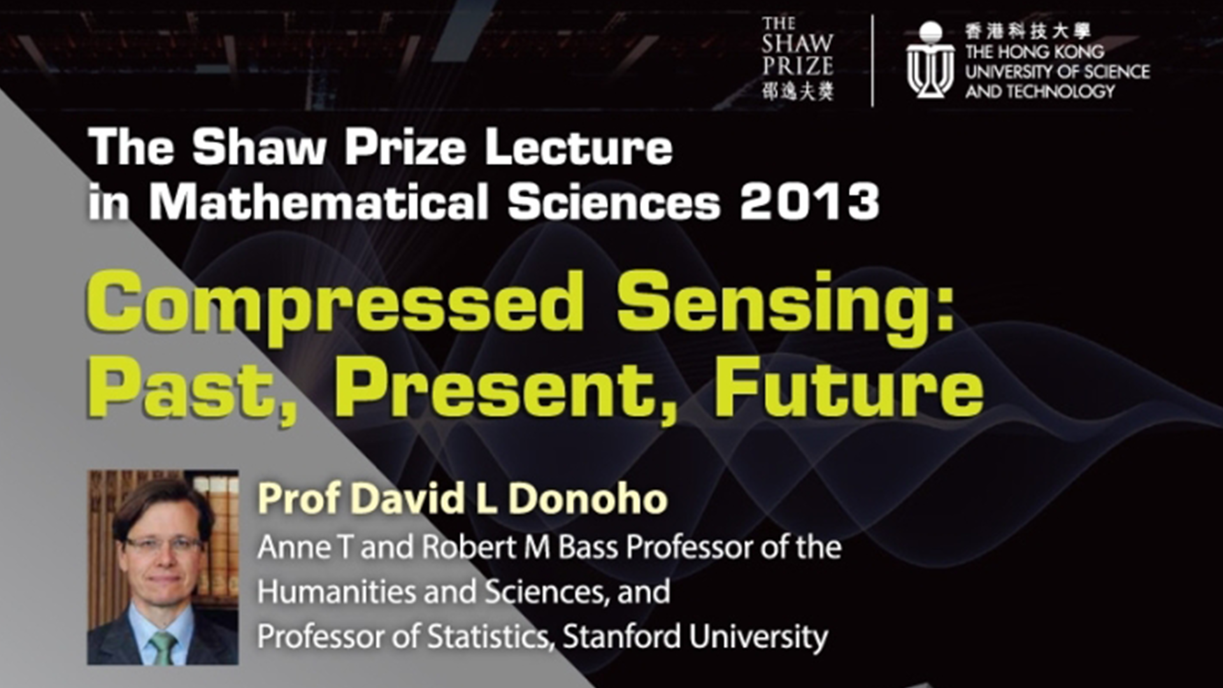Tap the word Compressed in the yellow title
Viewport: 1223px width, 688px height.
tap(334, 305)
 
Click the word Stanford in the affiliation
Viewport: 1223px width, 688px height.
tap(623, 636)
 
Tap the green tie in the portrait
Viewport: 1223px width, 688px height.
tap(163, 648)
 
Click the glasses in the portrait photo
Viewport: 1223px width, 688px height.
tap(162, 544)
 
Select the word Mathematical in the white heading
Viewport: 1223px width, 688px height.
tap(318, 201)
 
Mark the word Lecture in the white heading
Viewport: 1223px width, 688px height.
tap(578, 148)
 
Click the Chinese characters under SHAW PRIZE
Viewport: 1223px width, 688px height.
tap(797, 92)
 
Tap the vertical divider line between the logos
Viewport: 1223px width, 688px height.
tap(872, 61)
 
